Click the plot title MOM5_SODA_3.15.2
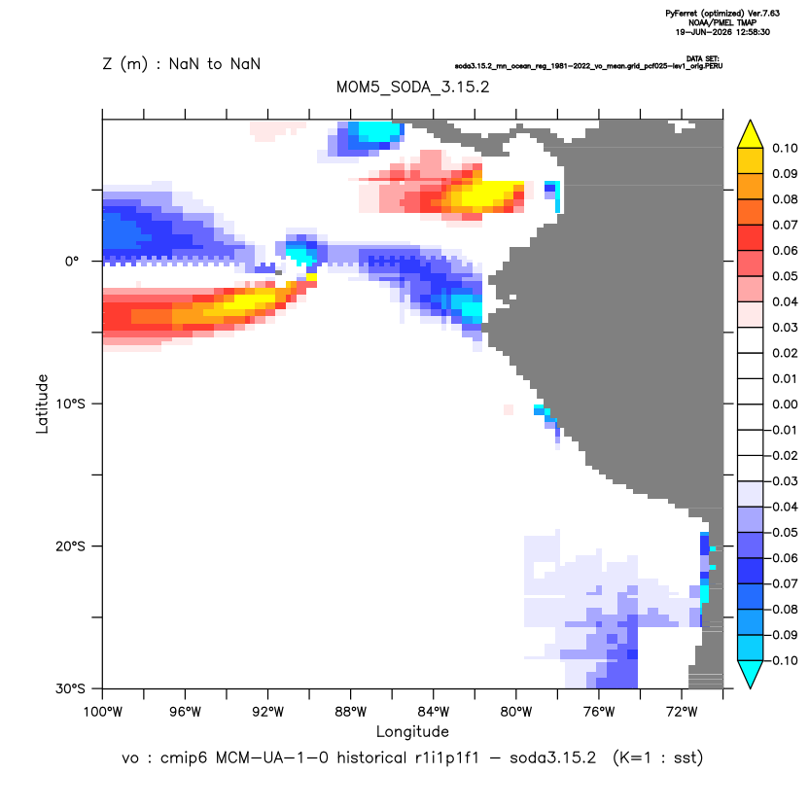pyautogui.click(x=412, y=87)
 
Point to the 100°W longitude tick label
pyautogui.click(x=103, y=712)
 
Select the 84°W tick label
pyautogui.click(x=434, y=712)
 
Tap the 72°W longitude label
pyautogui.click(x=682, y=712)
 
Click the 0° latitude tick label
pyautogui.click(x=72, y=261)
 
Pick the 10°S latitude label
pyautogui.click(x=70, y=404)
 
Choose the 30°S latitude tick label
pyautogui.click(x=70, y=688)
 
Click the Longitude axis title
pyautogui.click(x=412, y=731)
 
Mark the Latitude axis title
pyautogui.click(x=42, y=404)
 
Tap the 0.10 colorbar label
pyautogui.click(x=785, y=149)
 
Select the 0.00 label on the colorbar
pyautogui.click(x=785, y=404)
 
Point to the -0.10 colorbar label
pyautogui.click(x=782, y=660)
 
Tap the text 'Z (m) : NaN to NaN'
pyautogui.click(x=182, y=64)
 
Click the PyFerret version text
pyautogui.click(x=722, y=14)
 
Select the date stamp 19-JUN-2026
pyautogui.click(x=704, y=32)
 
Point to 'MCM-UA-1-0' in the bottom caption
pyautogui.click(x=272, y=757)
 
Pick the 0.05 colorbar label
pyautogui.click(x=785, y=276)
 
